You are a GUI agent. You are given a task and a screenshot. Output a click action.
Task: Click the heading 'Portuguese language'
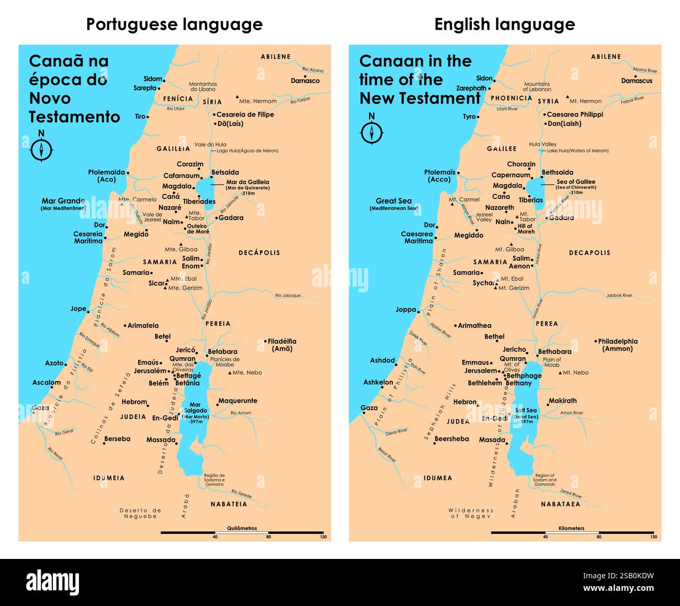coord(174,24)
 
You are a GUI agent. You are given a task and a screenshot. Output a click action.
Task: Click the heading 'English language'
coord(504,24)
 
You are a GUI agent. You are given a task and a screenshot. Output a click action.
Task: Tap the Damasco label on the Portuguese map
coord(305,81)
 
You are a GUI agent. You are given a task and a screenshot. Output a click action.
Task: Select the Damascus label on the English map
coord(637,81)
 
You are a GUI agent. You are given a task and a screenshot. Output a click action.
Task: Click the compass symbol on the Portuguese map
coord(41,150)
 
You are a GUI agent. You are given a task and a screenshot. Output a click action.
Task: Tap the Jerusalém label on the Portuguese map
coord(150,371)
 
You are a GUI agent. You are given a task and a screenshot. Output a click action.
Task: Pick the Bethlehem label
coord(485,383)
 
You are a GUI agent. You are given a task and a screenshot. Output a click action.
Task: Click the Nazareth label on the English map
coord(500,208)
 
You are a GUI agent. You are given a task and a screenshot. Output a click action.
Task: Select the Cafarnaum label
coord(182,176)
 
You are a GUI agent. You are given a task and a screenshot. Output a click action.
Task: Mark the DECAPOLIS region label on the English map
coord(590,253)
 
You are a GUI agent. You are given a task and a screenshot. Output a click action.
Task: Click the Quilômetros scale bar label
coord(242,528)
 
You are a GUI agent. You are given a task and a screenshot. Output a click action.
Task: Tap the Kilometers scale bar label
coord(571,528)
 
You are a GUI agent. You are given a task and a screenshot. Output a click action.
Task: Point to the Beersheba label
coord(451,439)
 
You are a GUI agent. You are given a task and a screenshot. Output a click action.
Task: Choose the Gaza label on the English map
coord(369,408)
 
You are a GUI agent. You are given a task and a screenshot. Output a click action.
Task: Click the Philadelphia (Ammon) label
coord(618,345)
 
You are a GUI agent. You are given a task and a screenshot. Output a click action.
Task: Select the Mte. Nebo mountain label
coord(247,372)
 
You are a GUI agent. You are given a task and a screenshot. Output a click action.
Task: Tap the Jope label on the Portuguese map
coord(78,308)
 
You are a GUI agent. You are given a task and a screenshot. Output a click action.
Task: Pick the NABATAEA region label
coord(560,504)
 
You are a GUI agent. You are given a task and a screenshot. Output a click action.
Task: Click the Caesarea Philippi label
coord(575,115)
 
